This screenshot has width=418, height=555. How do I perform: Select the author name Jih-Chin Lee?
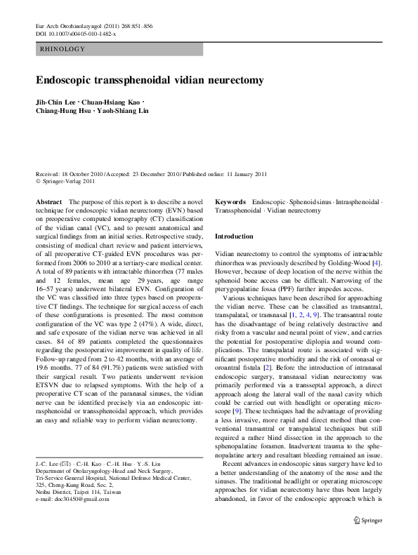tap(56, 103)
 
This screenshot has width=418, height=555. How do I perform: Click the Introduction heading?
tap(233, 237)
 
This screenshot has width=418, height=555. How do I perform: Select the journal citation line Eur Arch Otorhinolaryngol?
tap(70, 27)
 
